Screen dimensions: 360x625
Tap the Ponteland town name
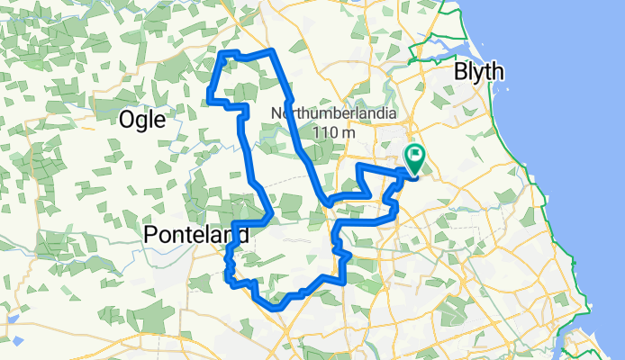[x=195, y=235]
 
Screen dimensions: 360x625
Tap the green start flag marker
[x=415, y=159]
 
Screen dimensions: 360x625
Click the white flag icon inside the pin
[x=415, y=155]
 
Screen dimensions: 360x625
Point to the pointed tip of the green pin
[x=414, y=174]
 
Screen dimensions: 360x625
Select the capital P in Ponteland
[x=150, y=235]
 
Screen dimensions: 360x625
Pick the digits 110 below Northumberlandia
[x=323, y=132]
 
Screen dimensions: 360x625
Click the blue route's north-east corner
[x=271, y=51]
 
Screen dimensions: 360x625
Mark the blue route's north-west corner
[x=224, y=53]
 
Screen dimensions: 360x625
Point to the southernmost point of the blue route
[x=276, y=307]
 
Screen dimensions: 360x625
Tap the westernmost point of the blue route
[x=210, y=94]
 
